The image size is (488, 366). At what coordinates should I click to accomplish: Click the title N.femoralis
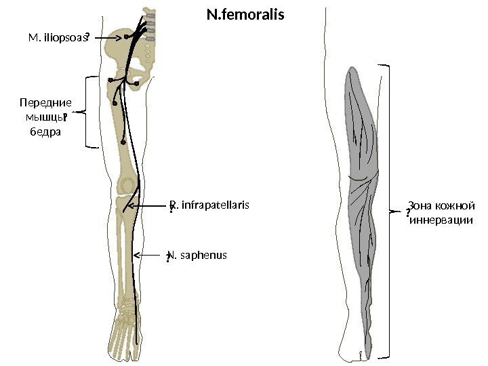click(x=245, y=14)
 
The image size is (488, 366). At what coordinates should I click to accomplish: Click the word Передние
click(x=45, y=103)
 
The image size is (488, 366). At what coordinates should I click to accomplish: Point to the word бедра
click(x=46, y=131)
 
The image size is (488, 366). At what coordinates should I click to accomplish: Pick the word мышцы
click(x=42, y=117)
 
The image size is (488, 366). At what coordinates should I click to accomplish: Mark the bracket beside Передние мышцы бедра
click(x=87, y=112)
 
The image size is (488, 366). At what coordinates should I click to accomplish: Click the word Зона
click(x=419, y=206)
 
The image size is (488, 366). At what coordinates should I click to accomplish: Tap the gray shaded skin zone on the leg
click(x=361, y=203)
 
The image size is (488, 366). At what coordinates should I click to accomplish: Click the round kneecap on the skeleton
click(x=126, y=184)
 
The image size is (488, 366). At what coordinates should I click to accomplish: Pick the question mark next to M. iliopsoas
click(x=88, y=40)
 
